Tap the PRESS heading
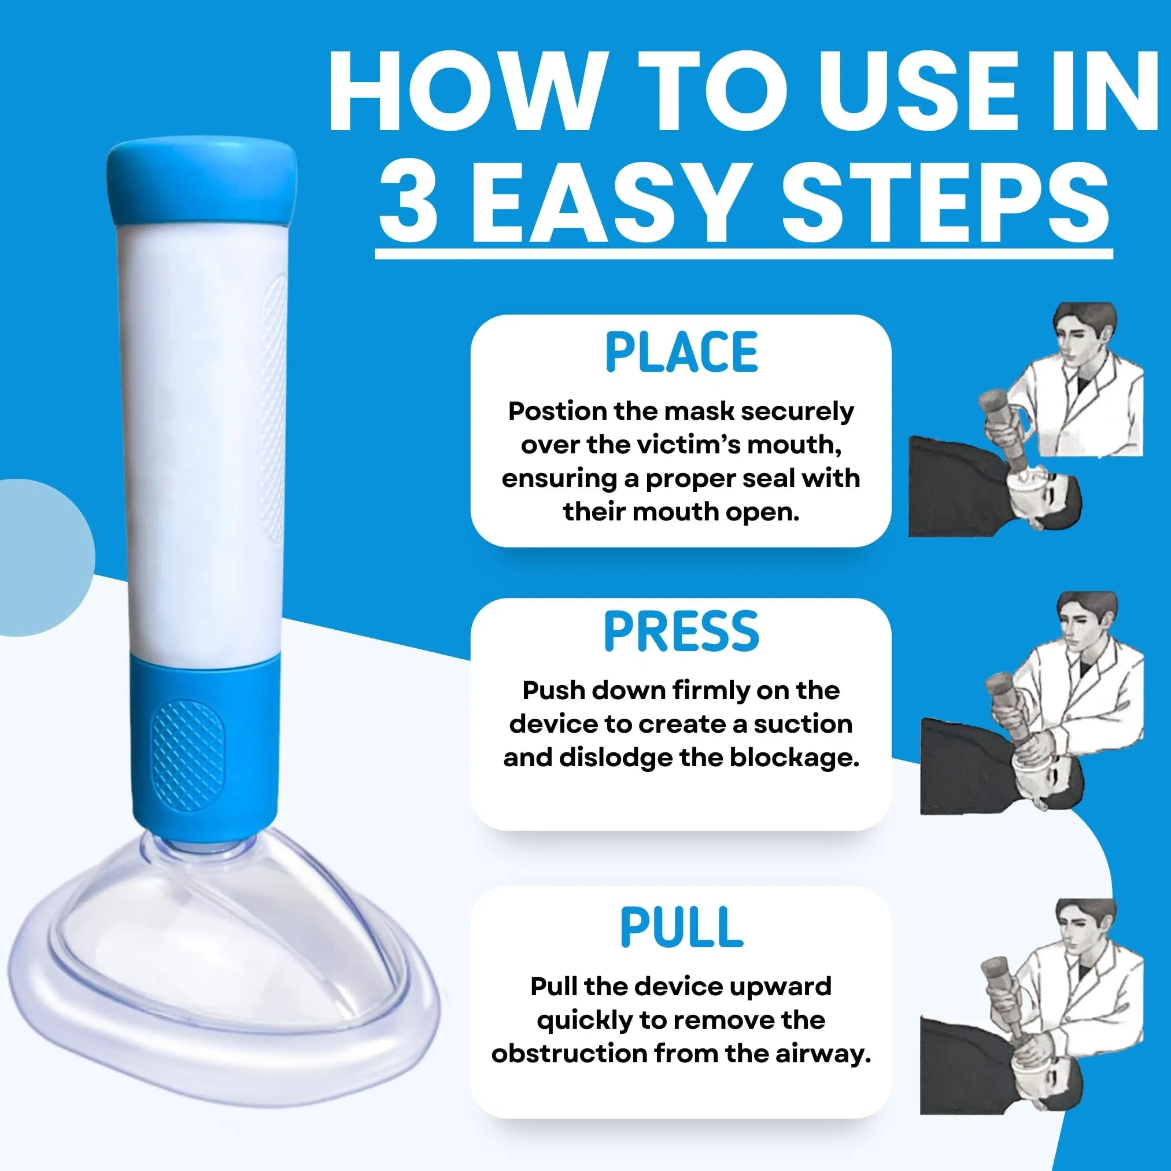point(681,631)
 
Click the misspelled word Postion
point(556,412)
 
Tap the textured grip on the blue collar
point(188,755)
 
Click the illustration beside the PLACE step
point(1026,420)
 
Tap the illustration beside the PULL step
point(1032,1007)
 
